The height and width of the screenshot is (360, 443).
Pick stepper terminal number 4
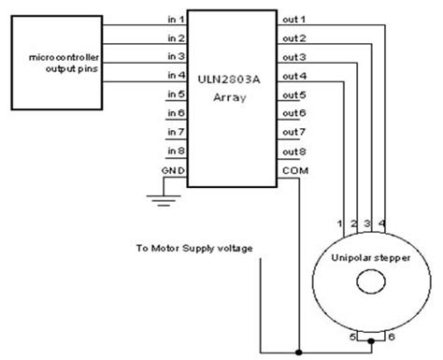[383, 225]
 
